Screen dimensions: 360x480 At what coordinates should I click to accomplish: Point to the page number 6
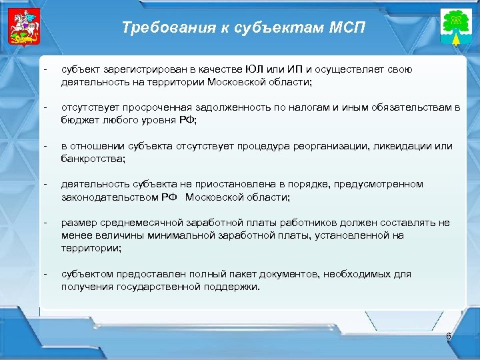(449, 337)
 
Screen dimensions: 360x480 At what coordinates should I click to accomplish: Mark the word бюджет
(77, 120)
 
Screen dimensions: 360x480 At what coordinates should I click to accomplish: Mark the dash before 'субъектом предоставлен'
(45, 274)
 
